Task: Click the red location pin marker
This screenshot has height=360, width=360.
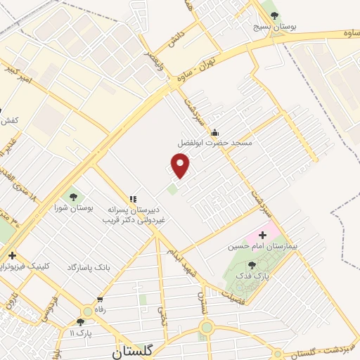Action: point(181,166)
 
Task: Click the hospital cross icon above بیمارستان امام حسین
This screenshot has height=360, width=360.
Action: point(264,233)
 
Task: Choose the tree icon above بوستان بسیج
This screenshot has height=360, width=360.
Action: point(274,15)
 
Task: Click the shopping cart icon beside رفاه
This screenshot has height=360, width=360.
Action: point(89,310)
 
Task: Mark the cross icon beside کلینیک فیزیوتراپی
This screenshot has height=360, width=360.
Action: point(11,255)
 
